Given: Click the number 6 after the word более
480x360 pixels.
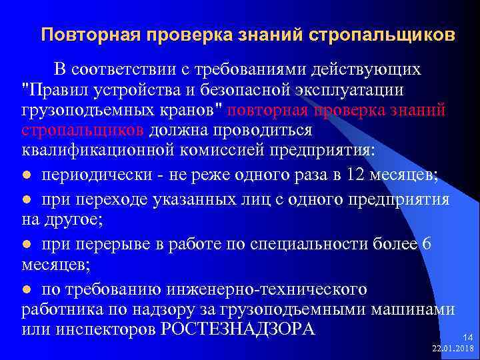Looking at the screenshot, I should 426,244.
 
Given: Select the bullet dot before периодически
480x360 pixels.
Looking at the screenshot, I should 27,175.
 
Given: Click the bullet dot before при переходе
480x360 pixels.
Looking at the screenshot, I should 27,199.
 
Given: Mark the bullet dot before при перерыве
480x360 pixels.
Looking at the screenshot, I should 27,245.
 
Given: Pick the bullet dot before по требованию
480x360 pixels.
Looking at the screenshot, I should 27,290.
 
